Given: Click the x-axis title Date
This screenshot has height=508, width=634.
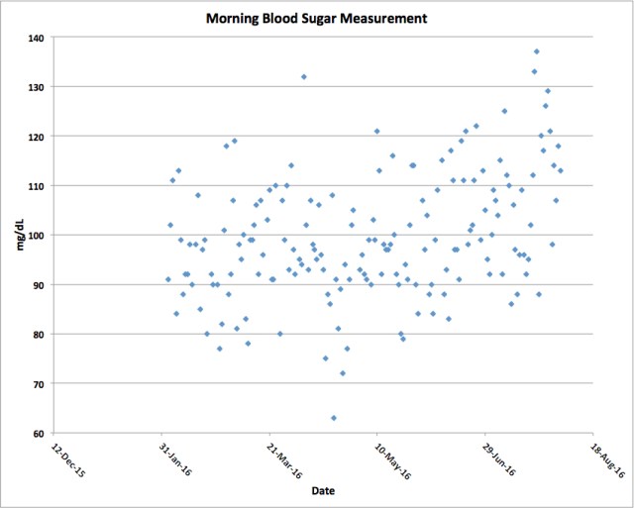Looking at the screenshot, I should coord(323,491).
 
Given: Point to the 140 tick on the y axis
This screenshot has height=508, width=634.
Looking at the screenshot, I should coord(38,38).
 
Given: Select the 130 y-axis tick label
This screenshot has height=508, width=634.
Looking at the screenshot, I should coord(38,87).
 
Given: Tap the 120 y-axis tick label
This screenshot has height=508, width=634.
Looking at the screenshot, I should coord(38,137).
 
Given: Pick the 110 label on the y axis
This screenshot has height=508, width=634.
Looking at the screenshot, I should coord(38,186).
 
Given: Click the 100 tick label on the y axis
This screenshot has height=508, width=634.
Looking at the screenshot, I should coord(38,236).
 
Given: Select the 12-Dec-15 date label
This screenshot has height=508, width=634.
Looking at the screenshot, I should coord(66,458).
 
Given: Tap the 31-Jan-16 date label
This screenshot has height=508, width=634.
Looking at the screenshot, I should coord(174,458).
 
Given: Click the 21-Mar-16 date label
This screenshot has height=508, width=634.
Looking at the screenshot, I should coord(282,458).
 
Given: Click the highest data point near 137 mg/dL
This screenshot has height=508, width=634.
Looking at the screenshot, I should coord(537,51).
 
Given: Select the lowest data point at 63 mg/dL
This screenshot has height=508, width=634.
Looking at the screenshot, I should coord(334,418).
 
